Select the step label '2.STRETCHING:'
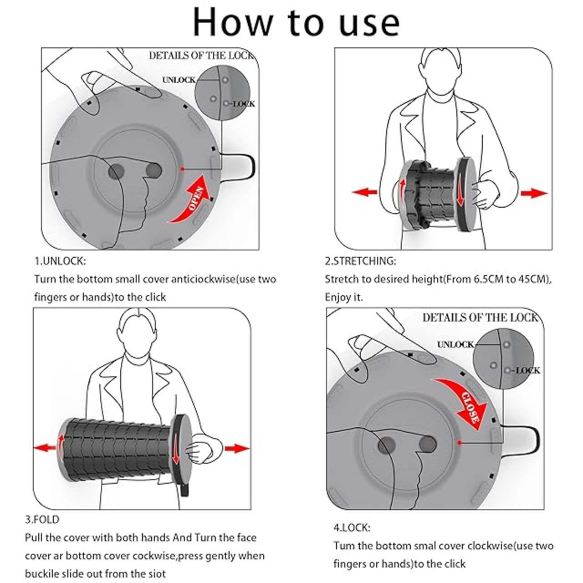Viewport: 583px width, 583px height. (x=360, y=261)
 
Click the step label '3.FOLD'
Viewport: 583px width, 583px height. (x=42, y=519)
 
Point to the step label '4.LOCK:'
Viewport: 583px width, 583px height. (x=352, y=528)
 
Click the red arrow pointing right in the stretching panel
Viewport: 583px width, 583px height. (x=533, y=193)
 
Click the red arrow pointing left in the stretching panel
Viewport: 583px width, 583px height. (x=365, y=192)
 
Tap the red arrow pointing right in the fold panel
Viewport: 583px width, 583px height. (x=237, y=448)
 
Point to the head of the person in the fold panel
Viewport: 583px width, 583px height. (x=139, y=330)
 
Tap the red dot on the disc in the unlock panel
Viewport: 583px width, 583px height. (x=182, y=169)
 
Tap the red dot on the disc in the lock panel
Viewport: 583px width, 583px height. (x=459, y=442)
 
